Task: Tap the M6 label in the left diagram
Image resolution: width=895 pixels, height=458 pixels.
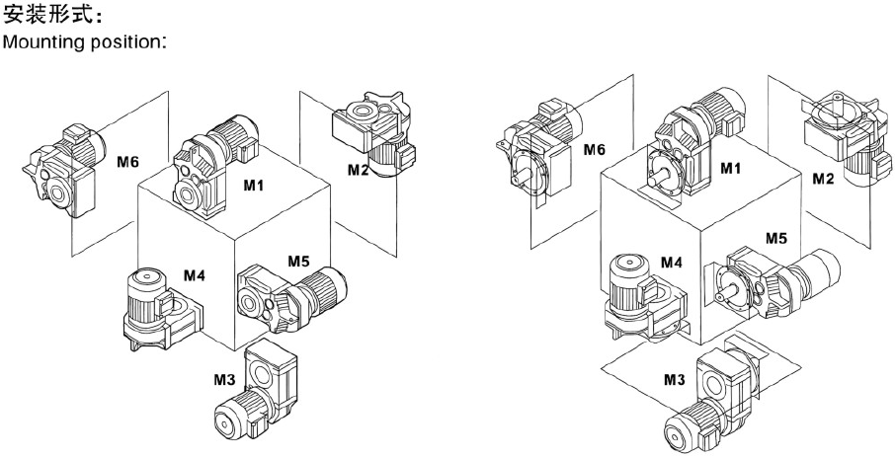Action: pyautogui.click(x=127, y=161)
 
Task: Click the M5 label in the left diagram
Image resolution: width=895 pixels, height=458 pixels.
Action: pyautogui.click(x=299, y=262)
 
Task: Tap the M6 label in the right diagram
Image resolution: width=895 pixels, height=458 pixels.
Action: pyautogui.click(x=593, y=149)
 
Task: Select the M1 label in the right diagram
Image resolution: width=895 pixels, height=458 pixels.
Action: pyautogui.click(x=730, y=169)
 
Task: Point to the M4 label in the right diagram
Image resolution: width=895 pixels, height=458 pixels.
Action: pyautogui.click(x=672, y=262)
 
